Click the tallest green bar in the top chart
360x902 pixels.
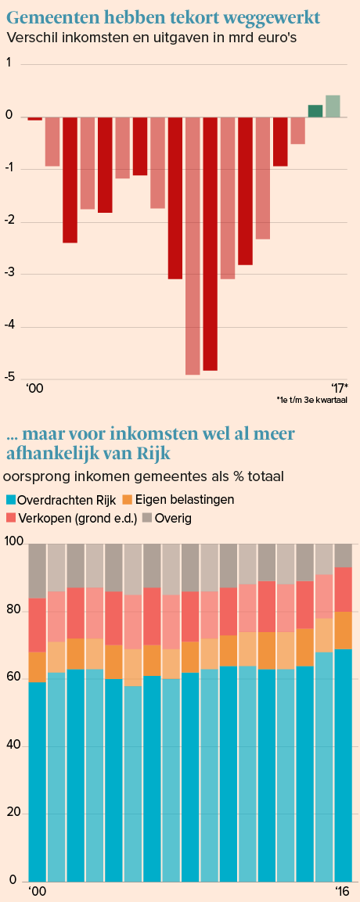tap(333, 106)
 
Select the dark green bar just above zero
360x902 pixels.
tap(315, 112)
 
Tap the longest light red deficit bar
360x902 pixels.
tap(193, 246)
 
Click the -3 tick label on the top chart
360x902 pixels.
tap(9, 274)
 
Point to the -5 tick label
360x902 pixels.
tap(9, 379)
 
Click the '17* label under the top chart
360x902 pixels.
tap(339, 387)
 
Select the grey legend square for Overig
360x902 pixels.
tap(146, 518)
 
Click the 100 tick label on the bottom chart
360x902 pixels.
tap(13, 543)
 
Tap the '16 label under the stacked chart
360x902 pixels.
tap(343, 892)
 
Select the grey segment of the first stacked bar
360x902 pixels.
tap(37, 570)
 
